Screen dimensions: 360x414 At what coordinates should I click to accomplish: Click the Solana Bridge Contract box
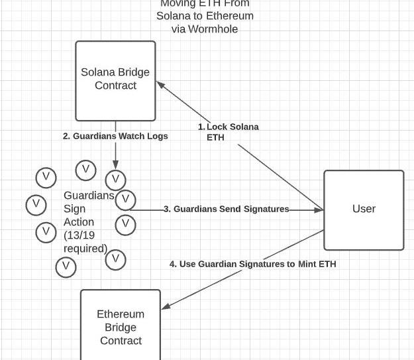[x=115, y=80]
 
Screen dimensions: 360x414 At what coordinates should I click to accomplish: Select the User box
[x=364, y=210]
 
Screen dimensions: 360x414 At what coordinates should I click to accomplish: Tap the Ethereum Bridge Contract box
[x=121, y=326]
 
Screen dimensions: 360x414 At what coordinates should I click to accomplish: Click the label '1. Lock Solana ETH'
[x=229, y=132]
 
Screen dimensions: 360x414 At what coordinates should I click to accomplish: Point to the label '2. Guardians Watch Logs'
[x=115, y=136]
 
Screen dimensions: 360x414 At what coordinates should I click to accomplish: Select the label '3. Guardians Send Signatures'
[x=226, y=209]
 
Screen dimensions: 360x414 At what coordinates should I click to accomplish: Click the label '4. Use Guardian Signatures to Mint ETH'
[x=252, y=264]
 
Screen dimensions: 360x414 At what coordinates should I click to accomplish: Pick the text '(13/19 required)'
[x=85, y=242]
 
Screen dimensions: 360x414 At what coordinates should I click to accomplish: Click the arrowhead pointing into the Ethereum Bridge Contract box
[x=166, y=306]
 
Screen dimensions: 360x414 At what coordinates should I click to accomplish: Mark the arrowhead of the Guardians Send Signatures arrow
[x=319, y=210]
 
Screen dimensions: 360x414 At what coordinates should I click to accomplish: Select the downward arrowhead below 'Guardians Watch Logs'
[x=115, y=165]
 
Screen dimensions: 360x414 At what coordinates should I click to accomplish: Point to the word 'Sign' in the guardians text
[x=75, y=209]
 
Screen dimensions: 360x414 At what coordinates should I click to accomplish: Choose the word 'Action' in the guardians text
[x=79, y=222]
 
